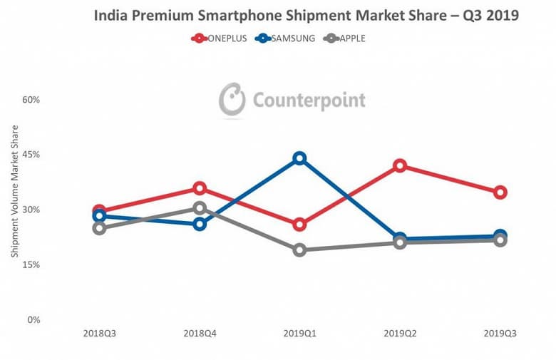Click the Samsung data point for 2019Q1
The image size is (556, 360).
[x=299, y=158]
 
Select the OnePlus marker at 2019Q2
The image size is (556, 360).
[x=400, y=165]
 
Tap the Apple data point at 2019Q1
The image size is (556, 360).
[x=299, y=250]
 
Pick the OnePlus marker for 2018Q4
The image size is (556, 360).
[x=200, y=188]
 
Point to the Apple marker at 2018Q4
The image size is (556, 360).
[x=200, y=208]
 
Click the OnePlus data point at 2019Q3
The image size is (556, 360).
[x=500, y=192]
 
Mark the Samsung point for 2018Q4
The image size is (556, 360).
[x=200, y=224]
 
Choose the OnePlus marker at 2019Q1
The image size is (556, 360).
[x=299, y=225]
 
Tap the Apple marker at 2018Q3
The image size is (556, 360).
[x=99, y=228]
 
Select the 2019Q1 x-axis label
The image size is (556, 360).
[x=299, y=334]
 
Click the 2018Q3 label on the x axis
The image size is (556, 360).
[x=99, y=334]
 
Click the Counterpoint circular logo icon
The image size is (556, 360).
[x=232, y=99]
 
